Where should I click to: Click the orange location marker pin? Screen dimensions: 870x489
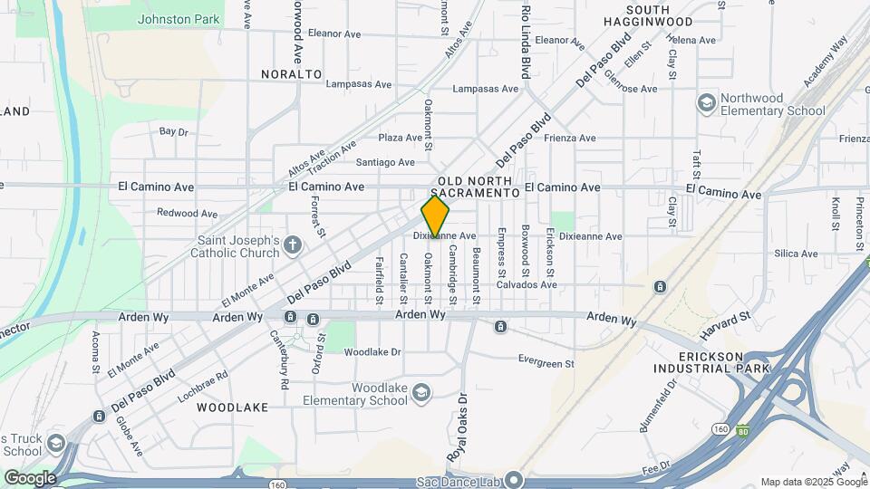click(435, 216)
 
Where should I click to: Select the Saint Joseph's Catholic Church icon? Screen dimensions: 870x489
click(292, 244)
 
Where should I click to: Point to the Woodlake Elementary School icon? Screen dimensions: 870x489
click(420, 392)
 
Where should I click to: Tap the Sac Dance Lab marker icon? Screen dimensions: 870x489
click(514, 479)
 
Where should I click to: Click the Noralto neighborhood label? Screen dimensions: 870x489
click(292, 73)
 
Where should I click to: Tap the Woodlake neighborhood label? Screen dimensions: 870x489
click(233, 407)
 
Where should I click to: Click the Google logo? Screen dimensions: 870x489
click(30, 477)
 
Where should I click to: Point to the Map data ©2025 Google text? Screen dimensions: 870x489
click(812, 482)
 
